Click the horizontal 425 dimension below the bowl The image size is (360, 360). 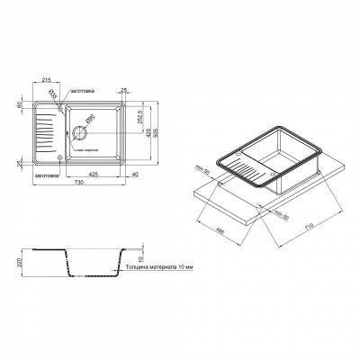tap(94, 173)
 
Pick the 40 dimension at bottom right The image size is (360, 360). tap(133, 173)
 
